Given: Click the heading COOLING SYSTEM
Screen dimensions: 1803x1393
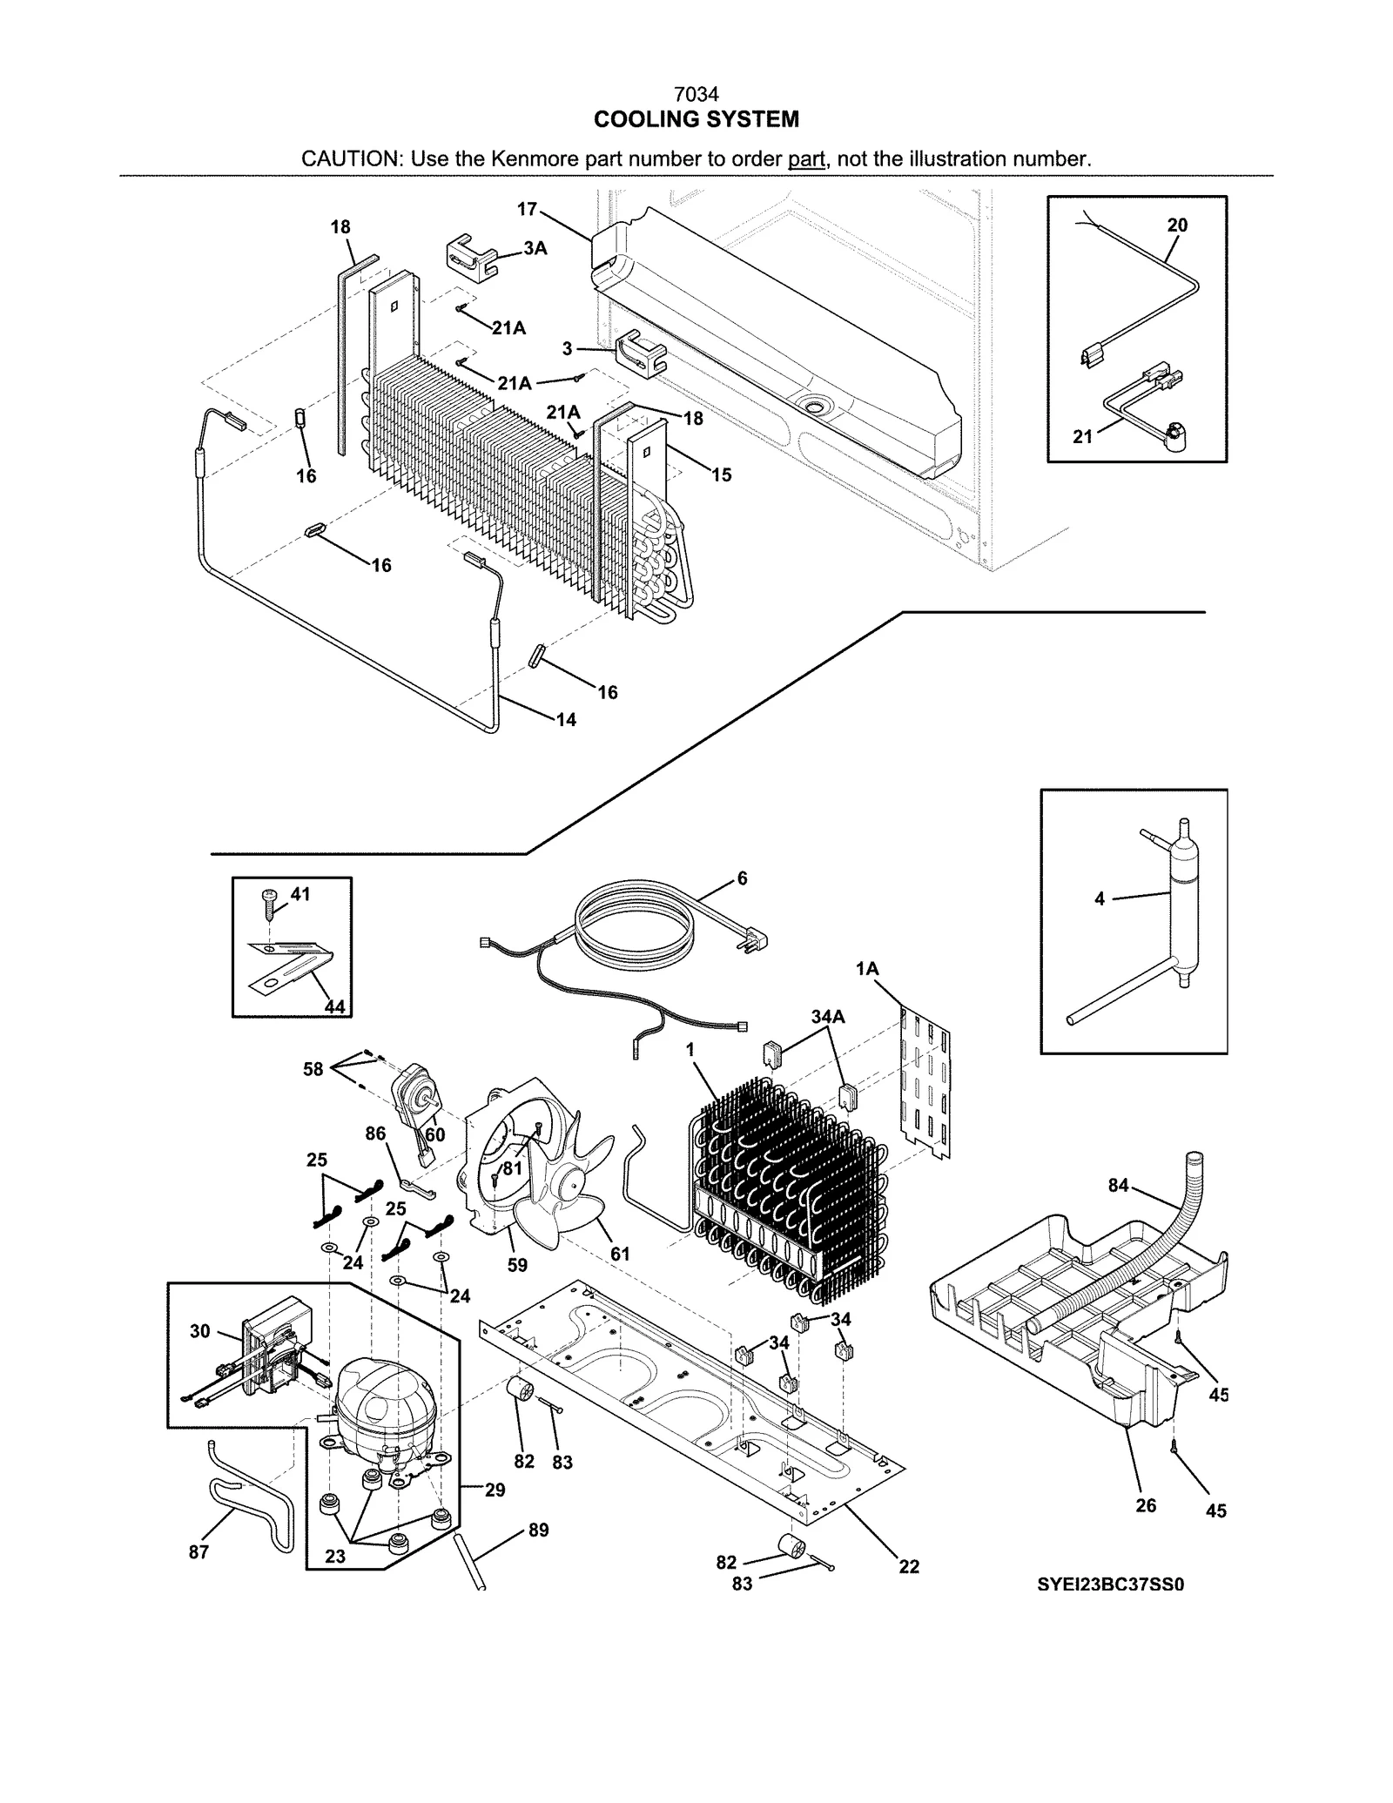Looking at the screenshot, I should coord(696,119).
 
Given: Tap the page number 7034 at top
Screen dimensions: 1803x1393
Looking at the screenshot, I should coord(696,94).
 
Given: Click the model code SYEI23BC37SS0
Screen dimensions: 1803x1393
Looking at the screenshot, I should coord(1110,1584).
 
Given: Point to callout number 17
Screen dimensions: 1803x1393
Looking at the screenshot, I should coord(528,209).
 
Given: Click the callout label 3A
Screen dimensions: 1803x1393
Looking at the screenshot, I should coord(535,248).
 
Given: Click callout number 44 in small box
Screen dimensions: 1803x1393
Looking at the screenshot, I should coord(334,1007).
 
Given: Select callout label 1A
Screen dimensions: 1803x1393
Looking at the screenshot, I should coord(867,969).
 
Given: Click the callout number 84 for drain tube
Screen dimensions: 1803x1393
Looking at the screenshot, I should coord(1118,1185).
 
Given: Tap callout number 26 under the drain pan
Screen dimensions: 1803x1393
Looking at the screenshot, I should coord(1146,1505).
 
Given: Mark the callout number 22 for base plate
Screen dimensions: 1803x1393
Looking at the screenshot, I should coord(909,1566).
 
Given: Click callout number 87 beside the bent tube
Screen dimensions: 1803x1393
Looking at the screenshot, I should coord(199,1551).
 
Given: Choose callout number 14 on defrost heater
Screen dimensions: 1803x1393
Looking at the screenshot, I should coord(566,720).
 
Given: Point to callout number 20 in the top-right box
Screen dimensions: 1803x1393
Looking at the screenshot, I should coord(1177,225).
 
